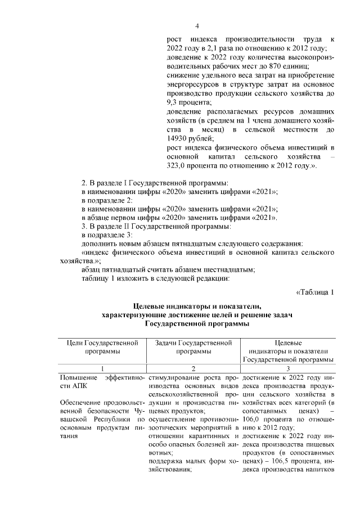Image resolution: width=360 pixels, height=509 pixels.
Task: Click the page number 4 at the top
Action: point(197,26)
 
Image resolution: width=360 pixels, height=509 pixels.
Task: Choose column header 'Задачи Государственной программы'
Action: point(193,346)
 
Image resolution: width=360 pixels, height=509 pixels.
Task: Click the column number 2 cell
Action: point(193,368)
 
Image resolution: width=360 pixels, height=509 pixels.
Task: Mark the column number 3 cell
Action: point(288,368)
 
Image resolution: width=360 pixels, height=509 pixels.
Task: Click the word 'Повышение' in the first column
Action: point(78,377)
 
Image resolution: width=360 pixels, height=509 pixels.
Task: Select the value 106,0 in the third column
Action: point(254,422)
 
